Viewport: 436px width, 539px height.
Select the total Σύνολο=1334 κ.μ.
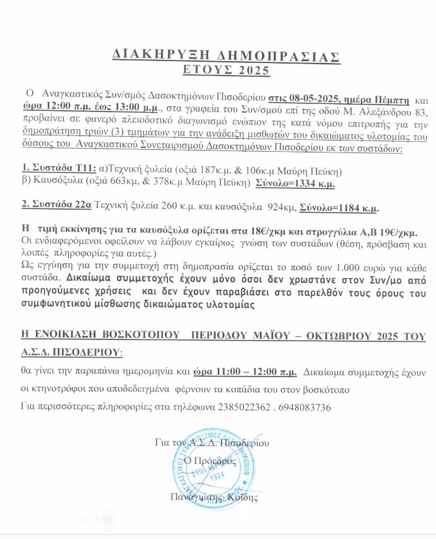click(294, 184)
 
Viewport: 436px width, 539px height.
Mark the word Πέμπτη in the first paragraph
click(393, 99)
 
